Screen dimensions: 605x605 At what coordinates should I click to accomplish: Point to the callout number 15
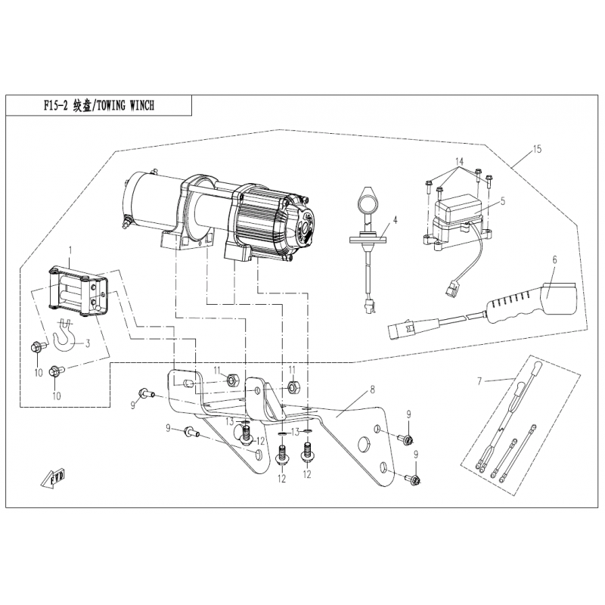(x=537, y=150)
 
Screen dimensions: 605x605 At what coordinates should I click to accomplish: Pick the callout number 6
(x=554, y=260)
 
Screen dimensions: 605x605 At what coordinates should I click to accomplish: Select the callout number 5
(x=503, y=200)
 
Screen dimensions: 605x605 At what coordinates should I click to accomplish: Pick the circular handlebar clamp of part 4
(x=367, y=203)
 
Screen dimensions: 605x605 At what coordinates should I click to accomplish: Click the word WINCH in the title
(x=139, y=107)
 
